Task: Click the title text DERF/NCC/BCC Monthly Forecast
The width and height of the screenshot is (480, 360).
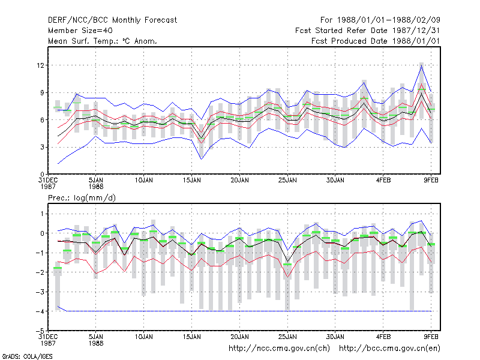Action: tap(112, 20)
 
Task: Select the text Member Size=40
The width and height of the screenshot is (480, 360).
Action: tap(80, 31)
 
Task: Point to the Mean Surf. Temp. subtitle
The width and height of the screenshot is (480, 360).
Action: tap(102, 41)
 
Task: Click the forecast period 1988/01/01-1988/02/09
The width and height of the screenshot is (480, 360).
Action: tap(389, 20)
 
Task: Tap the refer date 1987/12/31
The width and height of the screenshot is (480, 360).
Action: tap(416, 31)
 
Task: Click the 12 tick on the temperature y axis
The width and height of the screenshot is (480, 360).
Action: tap(40, 65)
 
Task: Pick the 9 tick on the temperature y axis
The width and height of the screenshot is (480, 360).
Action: tap(42, 93)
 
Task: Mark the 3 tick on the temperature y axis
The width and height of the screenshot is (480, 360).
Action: tap(42, 147)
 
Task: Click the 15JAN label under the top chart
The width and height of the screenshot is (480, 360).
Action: tap(191, 181)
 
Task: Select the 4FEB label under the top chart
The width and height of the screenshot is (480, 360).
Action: tap(383, 181)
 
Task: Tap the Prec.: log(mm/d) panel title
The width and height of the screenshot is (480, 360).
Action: tap(82, 198)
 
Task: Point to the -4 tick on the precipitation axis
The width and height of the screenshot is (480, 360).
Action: tap(40, 311)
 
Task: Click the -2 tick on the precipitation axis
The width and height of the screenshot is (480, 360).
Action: tap(40, 272)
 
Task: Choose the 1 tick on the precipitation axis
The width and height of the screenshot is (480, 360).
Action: tap(43, 214)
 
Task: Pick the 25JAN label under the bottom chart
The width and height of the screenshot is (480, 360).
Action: tap(287, 337)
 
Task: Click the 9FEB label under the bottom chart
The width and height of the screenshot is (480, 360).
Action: tap(431, 337)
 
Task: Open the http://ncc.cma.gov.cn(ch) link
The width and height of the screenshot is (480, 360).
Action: tap(279, 349)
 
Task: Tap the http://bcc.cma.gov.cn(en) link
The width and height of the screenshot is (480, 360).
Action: tap(389, 349)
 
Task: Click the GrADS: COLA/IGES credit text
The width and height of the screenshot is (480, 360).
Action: tap(27, 356)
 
